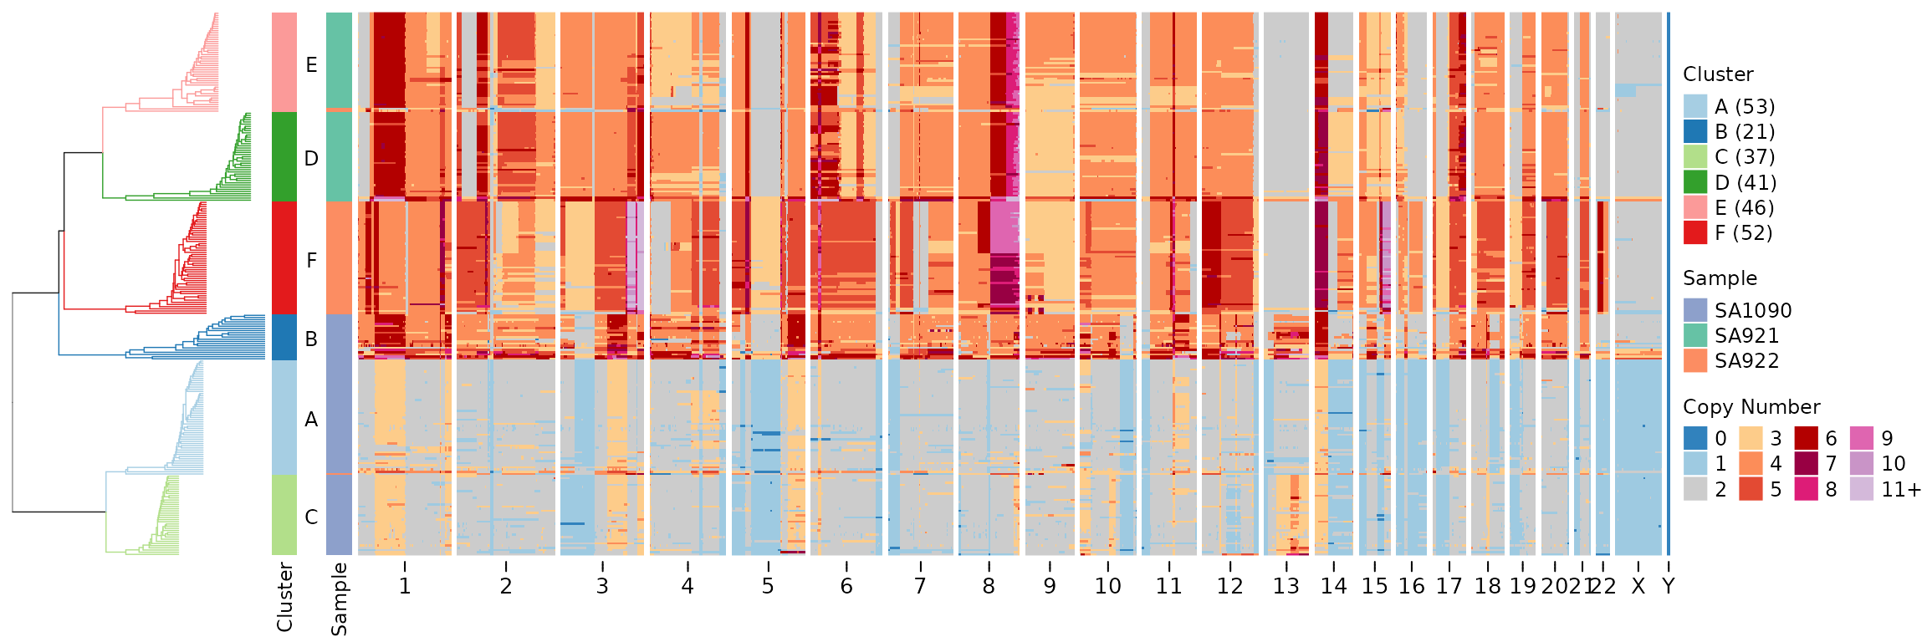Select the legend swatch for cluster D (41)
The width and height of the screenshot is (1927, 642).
(x=1695, y=182)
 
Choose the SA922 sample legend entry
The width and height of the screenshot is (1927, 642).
(x=1731, y=361)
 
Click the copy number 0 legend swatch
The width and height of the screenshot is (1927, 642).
(x=1695, y=439)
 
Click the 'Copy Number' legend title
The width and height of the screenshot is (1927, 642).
(x=1751, y=407)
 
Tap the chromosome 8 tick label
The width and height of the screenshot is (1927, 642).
(x=989, y=586)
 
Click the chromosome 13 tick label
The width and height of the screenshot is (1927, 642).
(x=1286, y=586)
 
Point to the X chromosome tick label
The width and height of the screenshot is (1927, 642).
(x=1638, y=586)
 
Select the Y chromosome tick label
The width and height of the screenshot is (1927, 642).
(x=1669, y=586)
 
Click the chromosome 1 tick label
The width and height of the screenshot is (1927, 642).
(x=405, y=586)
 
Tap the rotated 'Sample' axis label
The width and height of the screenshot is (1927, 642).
(x=339, y=599)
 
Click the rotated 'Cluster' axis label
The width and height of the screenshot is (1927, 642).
(x=284, y=596)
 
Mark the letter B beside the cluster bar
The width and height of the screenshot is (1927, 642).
(x=311, y=339)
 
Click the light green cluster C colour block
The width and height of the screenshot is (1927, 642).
(x=284, y=515)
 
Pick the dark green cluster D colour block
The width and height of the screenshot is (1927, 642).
(x=284, y=157)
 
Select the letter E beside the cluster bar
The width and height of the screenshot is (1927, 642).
(x=311, y=65)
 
